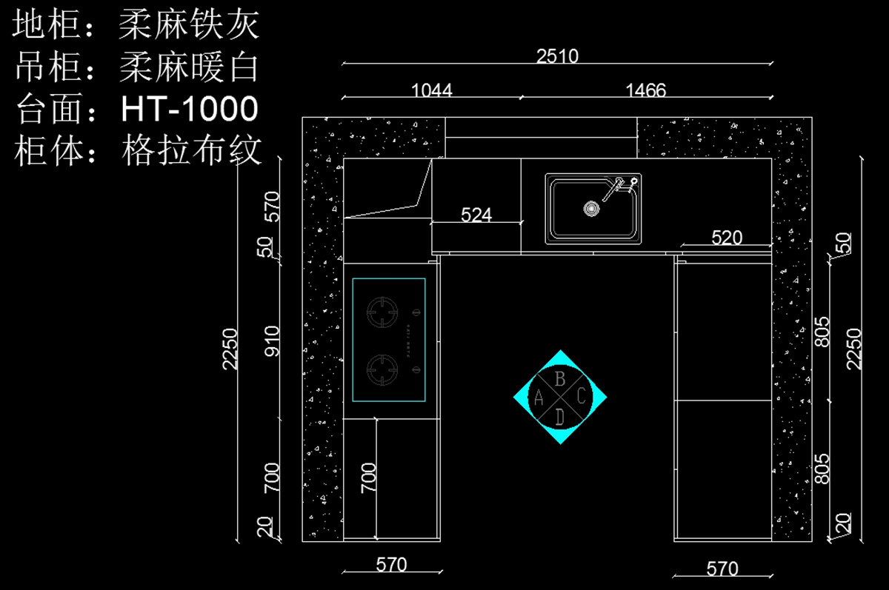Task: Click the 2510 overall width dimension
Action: (x=557, y=56)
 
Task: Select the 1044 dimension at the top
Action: (x=431, y=90)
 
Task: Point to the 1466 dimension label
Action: (x=646, y=90)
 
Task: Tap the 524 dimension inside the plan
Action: (x=476, y=215)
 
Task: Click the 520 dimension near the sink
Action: (x=727, y=238)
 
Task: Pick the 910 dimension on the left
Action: (x=273, y=341)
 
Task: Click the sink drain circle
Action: (x=590, y=209)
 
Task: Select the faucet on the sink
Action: (x=621, y=189)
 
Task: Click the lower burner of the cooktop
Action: (x=384, y=367)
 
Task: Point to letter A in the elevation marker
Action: (x=539, y=398)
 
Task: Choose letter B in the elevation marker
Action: (x=561, y=379)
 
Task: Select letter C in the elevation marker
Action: (x=582, y=397)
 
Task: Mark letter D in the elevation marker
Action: (x=560, y=417)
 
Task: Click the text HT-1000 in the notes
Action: (x=190, y=110)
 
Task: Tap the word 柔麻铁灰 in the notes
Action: (x=190, y=27)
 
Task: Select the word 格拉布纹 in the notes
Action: (x=192, y=151)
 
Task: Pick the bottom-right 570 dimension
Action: (x=722, y=569)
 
